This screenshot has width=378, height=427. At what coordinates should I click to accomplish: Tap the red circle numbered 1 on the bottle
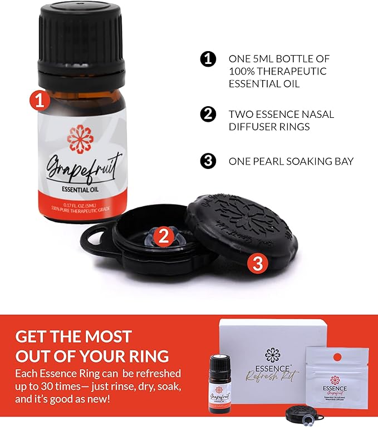point(40,101)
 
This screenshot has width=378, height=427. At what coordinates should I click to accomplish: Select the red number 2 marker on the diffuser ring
point(163,236)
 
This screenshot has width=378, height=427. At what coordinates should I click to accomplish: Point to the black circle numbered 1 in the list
point(208,59)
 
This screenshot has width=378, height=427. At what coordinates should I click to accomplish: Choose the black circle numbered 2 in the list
point(208,114)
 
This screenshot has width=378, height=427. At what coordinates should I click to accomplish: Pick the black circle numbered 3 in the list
point(208,161)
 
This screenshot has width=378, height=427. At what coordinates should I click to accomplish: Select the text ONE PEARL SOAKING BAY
point(291,162)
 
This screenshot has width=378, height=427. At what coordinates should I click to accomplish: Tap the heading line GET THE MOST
point(73,336)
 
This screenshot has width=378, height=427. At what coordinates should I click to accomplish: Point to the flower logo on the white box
point(272,354)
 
